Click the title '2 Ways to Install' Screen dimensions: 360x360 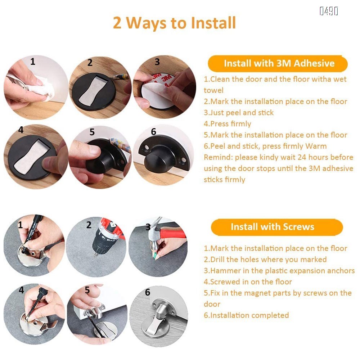coord(174,23)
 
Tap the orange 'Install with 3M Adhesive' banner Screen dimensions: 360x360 coord(278,63)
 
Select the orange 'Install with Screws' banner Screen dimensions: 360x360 coord(277,227)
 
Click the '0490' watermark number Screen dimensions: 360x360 coord(329,11)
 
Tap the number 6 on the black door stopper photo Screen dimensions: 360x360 coord(153,131)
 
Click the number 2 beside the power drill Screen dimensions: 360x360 coord(89,225)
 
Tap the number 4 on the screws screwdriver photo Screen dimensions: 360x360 coord(21,290)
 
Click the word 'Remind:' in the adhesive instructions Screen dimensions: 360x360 coord(218,157)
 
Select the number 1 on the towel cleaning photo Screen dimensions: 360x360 coord(33,61)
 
